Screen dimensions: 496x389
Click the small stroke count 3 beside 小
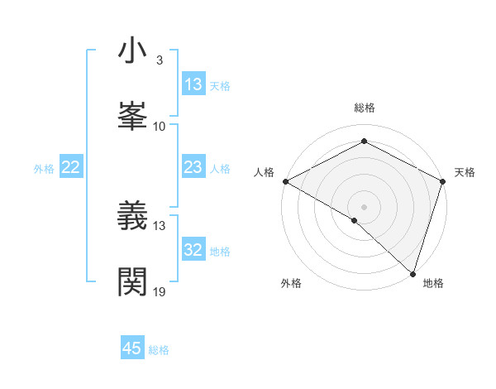(x=159, y=60)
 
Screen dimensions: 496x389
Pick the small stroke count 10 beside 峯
(x=160, y=126)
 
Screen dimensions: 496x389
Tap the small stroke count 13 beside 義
(x=160, y=225)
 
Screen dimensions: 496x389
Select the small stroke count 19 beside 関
(x=160, y=291)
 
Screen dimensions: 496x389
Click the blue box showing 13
(x=193, y=84)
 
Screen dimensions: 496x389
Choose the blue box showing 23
(x=193, y=168)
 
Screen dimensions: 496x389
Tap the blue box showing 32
(x=193, y=251)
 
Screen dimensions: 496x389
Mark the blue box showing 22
(x=71, y=168)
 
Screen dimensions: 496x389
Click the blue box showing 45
(x=132, y=348)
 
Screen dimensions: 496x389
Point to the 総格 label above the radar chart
(x=365, y=108)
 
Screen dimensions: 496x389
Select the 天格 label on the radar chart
(x=465, y=172)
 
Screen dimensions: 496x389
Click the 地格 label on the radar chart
(x=433, y=283)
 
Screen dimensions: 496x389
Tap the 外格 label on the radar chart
(x=291, y=283)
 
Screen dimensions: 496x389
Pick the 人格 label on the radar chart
(x=264, y=172)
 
